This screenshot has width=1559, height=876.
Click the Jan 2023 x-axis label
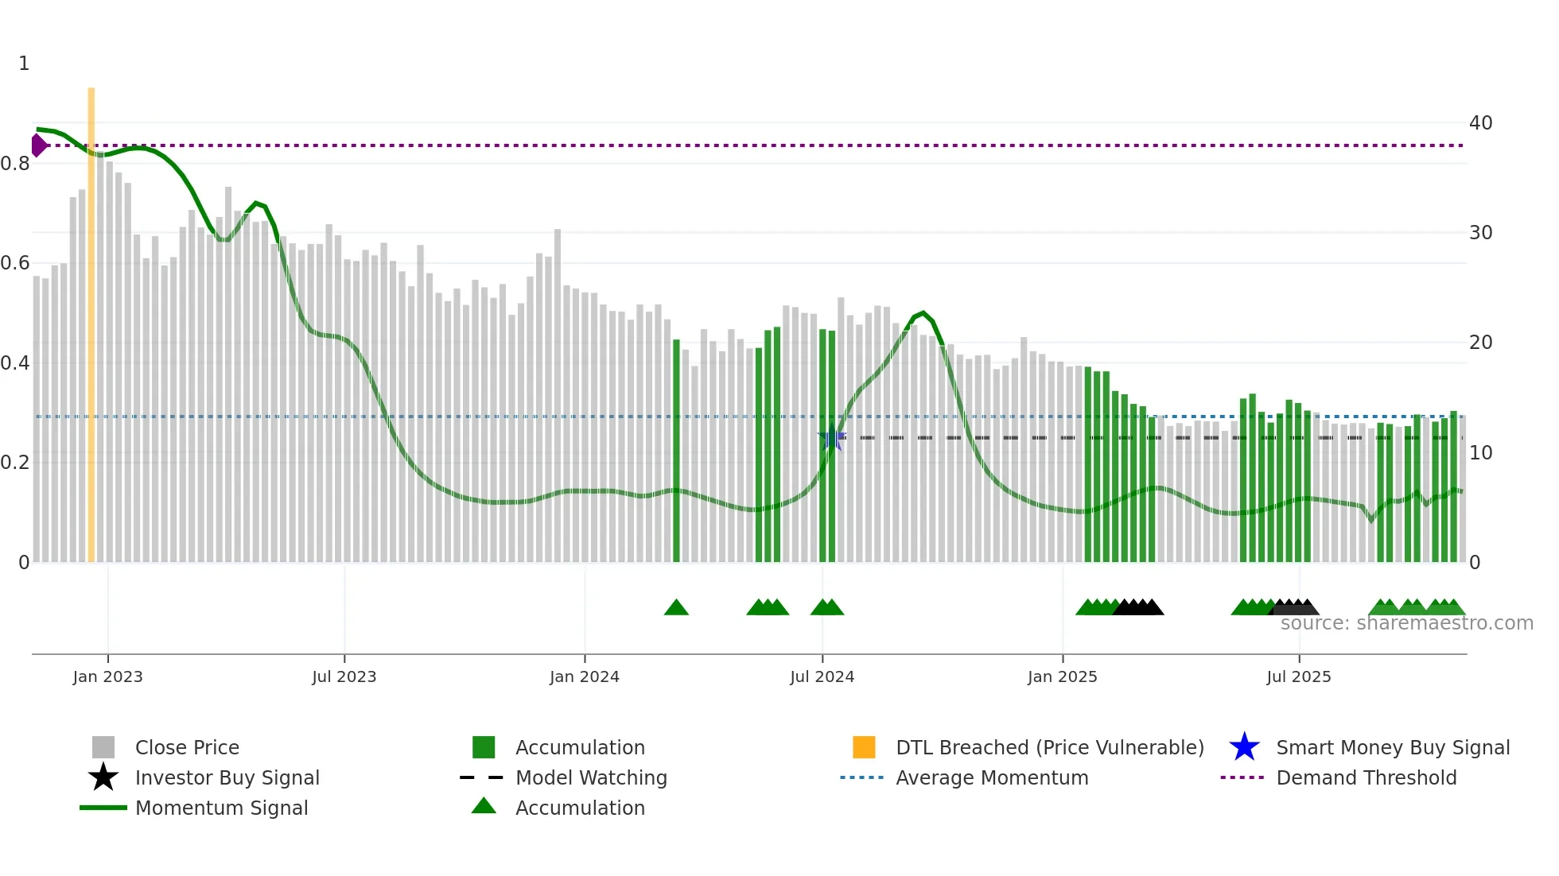click(107, 676)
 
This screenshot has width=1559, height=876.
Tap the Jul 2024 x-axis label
click(822, 676)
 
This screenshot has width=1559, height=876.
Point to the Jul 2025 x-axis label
click(1298, 676)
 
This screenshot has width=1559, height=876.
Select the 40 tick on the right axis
click(1480, 123)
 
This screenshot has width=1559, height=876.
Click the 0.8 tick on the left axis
click(15, 164)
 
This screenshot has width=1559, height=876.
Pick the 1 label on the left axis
click(24, 64)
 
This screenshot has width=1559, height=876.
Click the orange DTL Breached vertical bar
click(91, 318)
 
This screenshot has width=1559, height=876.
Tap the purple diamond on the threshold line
click(38, 145)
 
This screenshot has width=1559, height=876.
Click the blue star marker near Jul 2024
click(832, 438)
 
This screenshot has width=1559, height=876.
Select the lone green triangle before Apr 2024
click(676, 608)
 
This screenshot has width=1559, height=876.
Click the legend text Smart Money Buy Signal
click(1392, 747)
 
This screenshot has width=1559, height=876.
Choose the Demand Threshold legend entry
click(1366, 777)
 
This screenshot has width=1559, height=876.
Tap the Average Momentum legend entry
click(991, 777)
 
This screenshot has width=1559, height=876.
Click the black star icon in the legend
click(103, 777)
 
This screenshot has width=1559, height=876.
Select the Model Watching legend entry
click(590, 777)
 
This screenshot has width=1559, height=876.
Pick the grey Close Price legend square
click(103, 747)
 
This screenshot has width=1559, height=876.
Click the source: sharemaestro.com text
click(1406, 623)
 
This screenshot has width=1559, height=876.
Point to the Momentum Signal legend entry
click(221, 808)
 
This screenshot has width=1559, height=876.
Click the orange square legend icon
click(864, 747)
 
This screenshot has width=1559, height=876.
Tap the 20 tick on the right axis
click(1480, 343)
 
